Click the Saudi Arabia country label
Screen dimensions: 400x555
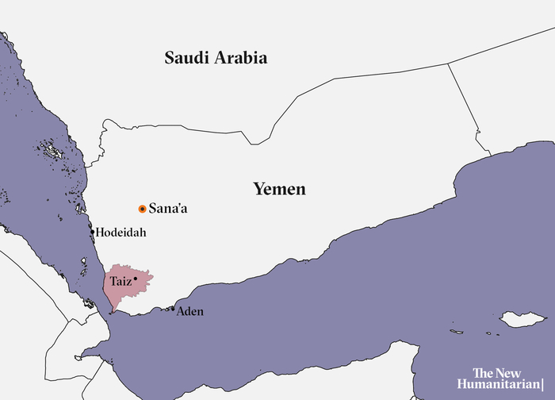click(x=216, y=58)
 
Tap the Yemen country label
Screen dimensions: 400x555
click(x=279, y=189)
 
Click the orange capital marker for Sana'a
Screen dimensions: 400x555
click(x=142, y=209)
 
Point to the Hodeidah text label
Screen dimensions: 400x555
click(x=121, y=233)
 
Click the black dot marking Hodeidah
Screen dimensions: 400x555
click(x=93, y=233)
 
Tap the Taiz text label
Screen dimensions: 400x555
click(x=121, y=280)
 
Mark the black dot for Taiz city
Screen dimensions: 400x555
click(x=136, y=279)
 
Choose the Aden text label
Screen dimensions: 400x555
click(x=189, y=311)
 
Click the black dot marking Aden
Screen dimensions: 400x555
click(x=173, y=309)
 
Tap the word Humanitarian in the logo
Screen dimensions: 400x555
click(x=503, y=385)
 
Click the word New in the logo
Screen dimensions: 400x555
click(x=522, y=372)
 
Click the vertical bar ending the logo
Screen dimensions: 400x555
click(x=552, y=385)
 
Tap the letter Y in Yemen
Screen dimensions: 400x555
click(x=258, y=189)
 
